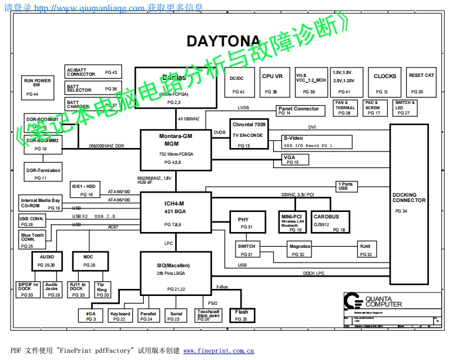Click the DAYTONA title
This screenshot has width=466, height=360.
pos(223,41)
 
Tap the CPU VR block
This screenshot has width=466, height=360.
pos(272,83)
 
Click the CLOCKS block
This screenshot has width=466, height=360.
pos(384,83)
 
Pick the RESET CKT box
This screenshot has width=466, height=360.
pos(421,83)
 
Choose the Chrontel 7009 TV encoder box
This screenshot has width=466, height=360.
pos(249,134)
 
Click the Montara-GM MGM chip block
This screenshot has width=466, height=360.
pos(176,149)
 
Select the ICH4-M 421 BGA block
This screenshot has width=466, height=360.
pos(176,213)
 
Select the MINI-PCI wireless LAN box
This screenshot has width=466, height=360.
pos(291,222)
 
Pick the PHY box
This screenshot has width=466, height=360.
pos(243,223)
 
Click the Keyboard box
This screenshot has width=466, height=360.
pos(120,316)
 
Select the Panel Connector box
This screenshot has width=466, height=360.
pos(299,110)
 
